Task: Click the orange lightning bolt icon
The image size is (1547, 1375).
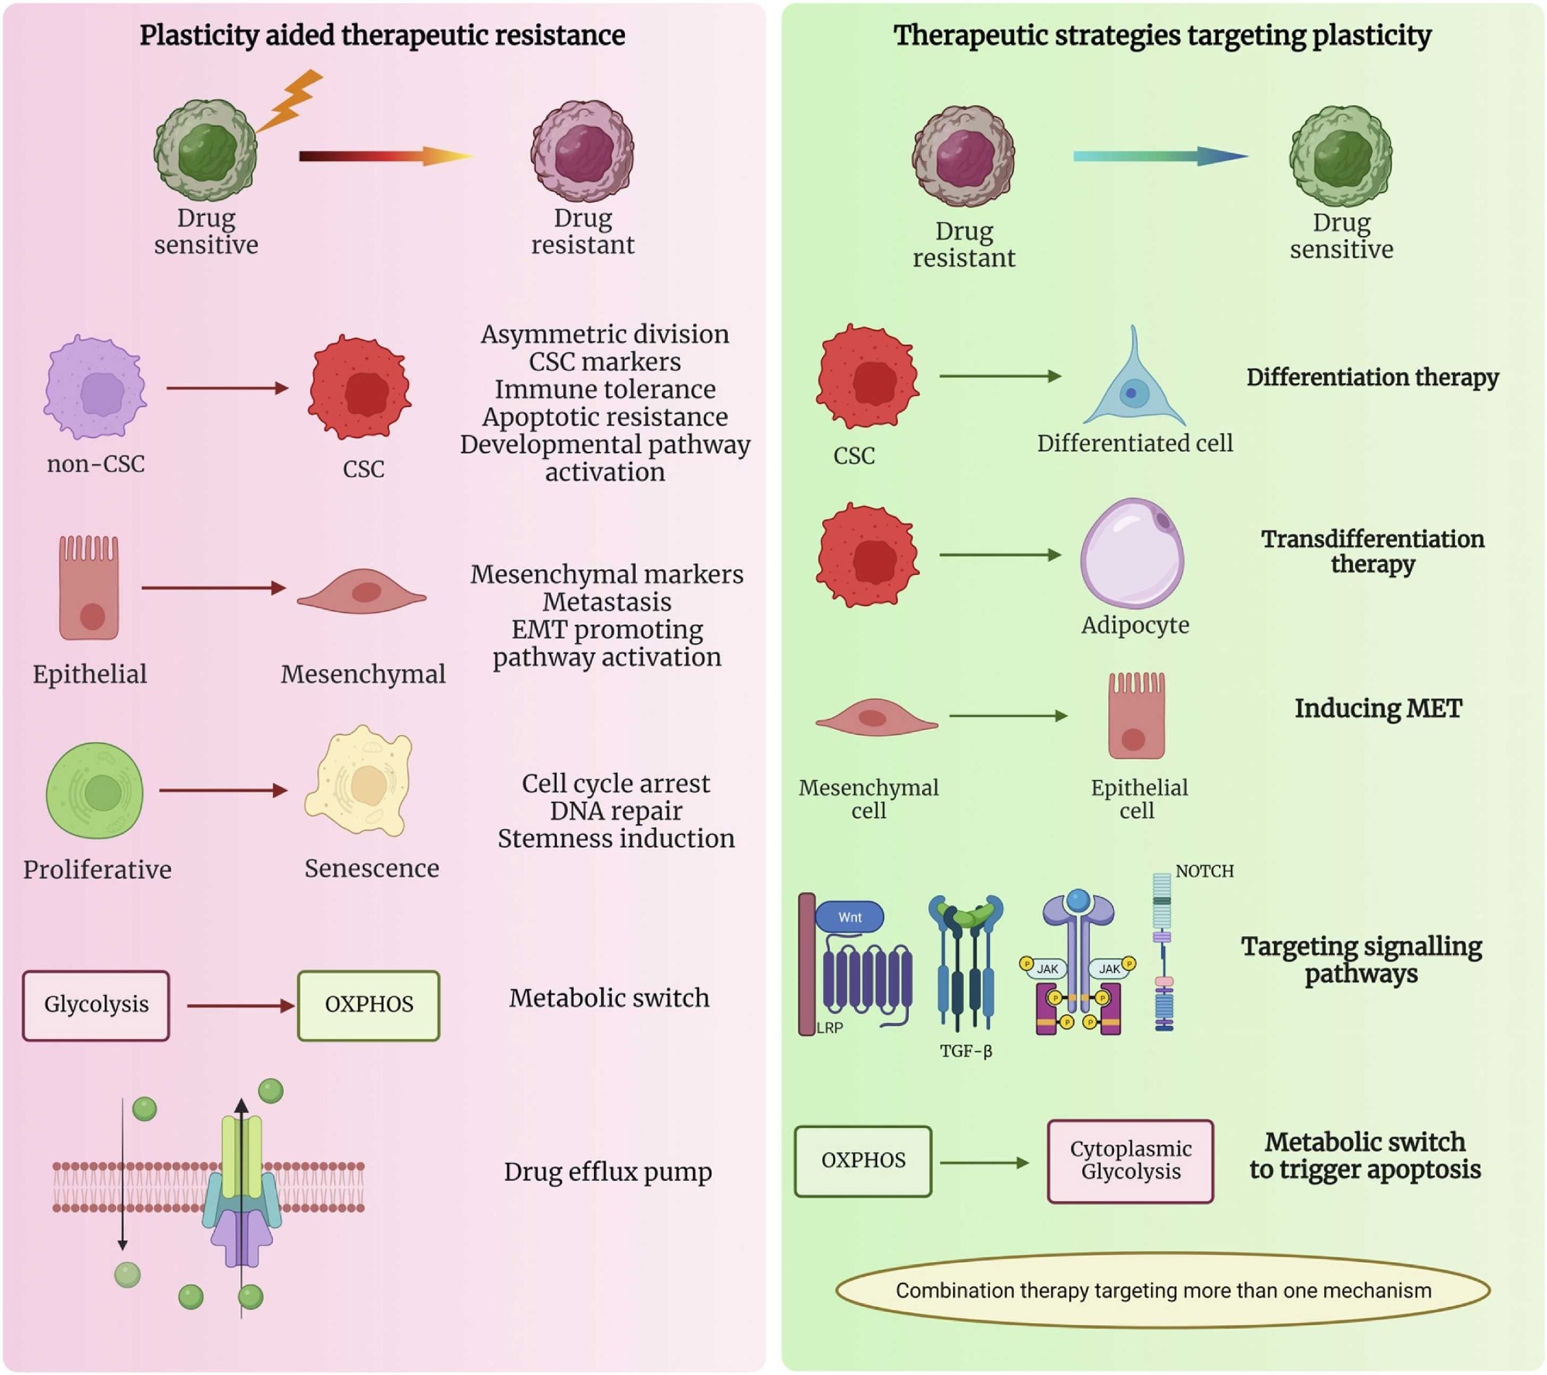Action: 291,100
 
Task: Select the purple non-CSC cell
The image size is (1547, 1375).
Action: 95,388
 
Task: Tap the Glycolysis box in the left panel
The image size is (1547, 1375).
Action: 96,1005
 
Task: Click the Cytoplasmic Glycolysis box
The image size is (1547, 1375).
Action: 1130,1161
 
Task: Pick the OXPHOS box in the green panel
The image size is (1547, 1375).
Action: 863,1161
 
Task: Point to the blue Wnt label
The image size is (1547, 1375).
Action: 849,917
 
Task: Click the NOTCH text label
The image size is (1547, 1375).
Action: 1204,871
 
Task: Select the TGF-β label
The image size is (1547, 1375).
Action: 965,1051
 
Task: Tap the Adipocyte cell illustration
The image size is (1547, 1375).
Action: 1132,553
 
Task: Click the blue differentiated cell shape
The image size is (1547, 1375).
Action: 1133,387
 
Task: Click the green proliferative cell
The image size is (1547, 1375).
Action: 95,791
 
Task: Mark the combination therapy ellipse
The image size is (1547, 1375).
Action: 1163,1291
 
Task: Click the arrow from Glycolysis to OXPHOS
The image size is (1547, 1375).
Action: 241,1006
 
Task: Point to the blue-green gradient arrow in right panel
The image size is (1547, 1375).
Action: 1159,156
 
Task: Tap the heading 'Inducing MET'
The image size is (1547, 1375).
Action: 1378,708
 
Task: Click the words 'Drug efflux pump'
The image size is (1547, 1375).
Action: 607,1172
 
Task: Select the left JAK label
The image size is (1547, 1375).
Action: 1047,969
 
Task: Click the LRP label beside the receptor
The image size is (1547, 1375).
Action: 830,1028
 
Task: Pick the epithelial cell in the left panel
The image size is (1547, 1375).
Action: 89,588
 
